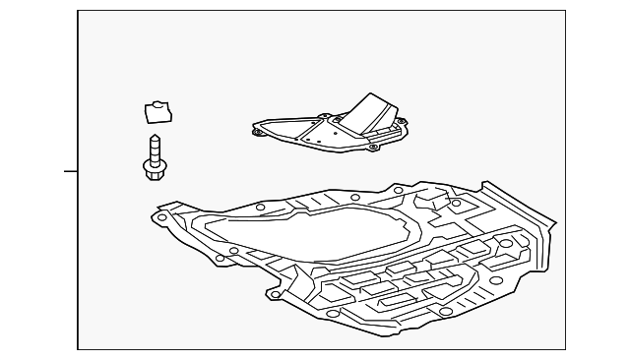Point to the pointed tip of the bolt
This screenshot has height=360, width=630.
153,136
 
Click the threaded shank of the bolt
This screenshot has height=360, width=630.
153,150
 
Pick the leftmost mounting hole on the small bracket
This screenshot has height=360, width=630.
258,129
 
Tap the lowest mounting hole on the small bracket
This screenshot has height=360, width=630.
373,148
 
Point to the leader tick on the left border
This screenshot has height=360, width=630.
71,171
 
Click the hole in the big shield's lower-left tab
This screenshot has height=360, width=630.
277,293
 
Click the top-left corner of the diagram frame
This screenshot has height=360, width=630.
78,11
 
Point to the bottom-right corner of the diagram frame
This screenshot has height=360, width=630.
566,348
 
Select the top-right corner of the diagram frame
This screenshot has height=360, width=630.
566,11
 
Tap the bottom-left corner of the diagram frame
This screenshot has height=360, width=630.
78,348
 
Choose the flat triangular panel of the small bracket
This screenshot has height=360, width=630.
295,130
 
